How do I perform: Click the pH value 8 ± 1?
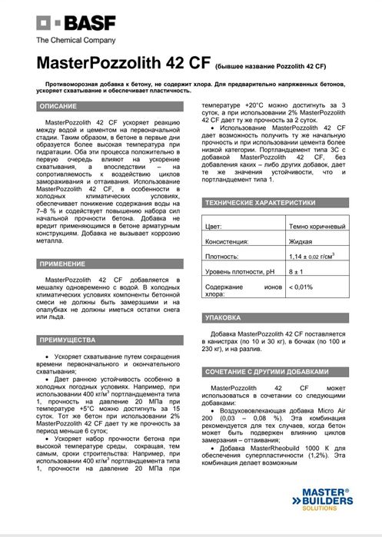[x=297, y=273]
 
